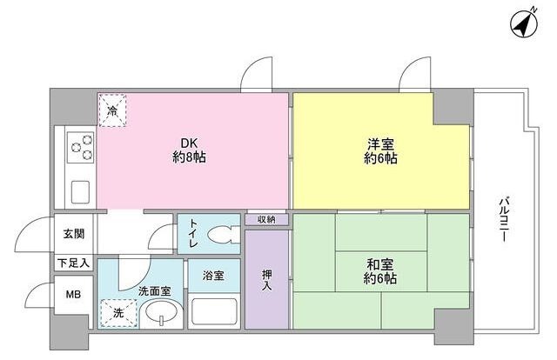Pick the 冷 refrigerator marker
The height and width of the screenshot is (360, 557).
coord(112,110)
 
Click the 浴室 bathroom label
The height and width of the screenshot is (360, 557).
coord(213,276)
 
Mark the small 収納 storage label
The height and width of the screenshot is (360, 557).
coord(266,219)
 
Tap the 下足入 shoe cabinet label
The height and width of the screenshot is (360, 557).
coord(73,262)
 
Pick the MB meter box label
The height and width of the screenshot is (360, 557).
coord(73,296)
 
